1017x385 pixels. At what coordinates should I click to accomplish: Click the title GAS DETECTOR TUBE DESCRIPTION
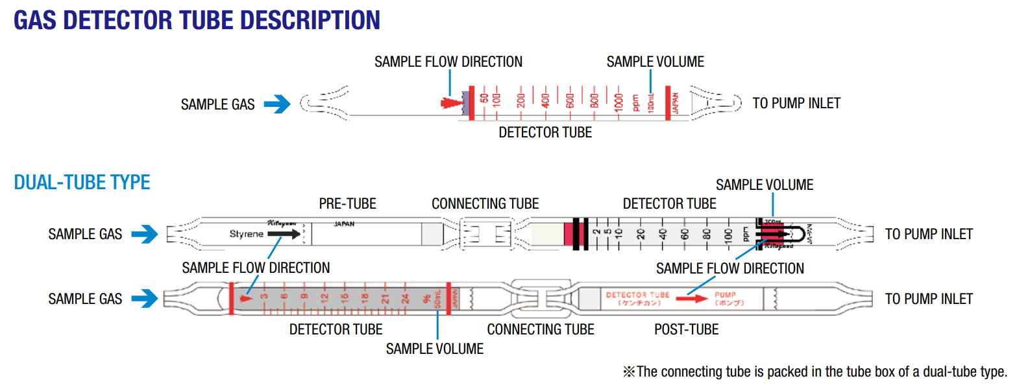pos(197,20)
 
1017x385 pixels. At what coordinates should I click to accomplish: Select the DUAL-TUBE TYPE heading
pos(82,182)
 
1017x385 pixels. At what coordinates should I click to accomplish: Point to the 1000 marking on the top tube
pos(619,101)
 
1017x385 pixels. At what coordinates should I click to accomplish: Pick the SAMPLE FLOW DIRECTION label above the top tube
pos(448,62)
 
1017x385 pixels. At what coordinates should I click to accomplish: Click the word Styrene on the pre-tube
pos(247,234)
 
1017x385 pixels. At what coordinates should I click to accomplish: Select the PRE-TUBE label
pos(347,204)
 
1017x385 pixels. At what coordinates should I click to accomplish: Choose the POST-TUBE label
pos(686,329)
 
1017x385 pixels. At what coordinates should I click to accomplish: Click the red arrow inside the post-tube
pos(692,299)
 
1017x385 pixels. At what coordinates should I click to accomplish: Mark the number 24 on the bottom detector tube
pos(405,299)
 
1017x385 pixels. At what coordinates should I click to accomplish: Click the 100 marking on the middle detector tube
pos(728,233)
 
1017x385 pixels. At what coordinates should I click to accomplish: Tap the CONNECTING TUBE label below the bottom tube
pos(541,329)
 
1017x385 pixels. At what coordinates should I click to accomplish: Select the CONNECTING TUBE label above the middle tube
pos(485,204)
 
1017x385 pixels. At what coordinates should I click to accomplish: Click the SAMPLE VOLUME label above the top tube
pos(655,62)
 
